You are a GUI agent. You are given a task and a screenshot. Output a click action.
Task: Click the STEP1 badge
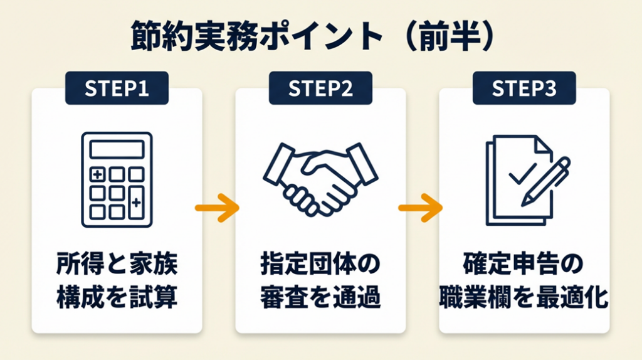point(117,89)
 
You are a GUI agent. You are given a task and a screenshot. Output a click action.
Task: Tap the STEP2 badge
point(320,89)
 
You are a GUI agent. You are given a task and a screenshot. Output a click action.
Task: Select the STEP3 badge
point(524,89)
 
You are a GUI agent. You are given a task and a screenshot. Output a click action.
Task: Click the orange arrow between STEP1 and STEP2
point(217,208)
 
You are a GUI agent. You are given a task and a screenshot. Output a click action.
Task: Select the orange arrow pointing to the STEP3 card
point(421,208)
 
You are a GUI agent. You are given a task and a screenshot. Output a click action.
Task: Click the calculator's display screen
point(117,149)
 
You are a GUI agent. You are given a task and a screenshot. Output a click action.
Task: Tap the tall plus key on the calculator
point(136,202)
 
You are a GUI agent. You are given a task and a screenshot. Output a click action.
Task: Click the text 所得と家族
point(117,264)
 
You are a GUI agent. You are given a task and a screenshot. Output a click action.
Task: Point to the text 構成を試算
point(117,296)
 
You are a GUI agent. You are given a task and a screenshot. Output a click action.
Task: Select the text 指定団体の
point(320,264)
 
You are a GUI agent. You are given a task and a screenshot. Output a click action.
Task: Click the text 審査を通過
point(320,296)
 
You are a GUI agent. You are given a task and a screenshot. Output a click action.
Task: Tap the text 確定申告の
point(524,264)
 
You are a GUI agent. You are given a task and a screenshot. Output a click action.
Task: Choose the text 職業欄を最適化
point(524,296)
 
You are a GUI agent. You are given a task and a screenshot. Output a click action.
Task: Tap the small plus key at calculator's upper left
point(97,174)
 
